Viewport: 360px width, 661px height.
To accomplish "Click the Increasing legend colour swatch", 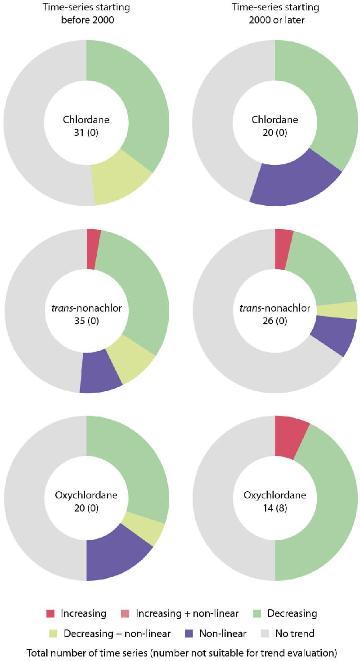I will tap(51, 613).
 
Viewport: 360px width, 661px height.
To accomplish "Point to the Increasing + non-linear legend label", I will tap(187, 613).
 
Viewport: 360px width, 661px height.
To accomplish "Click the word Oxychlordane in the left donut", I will tap(86, 495).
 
